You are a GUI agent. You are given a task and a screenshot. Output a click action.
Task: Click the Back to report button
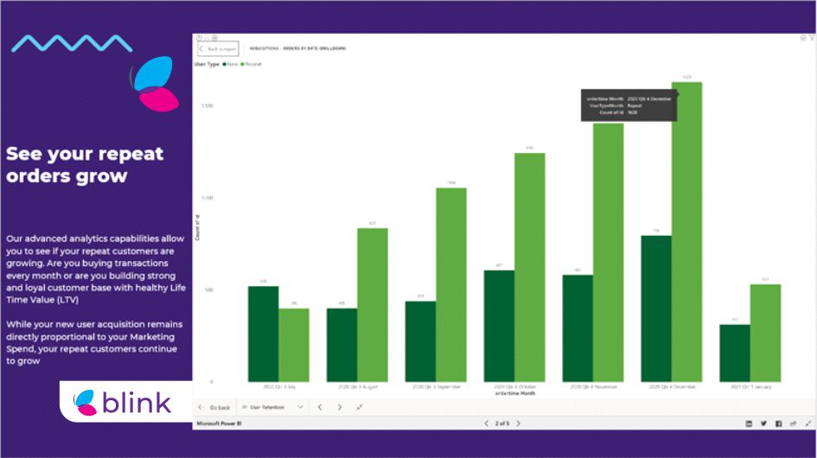coord(218,49)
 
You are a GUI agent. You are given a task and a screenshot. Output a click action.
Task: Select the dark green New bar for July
coord(263,334)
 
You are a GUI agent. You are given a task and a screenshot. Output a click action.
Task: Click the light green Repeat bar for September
coord(450,284)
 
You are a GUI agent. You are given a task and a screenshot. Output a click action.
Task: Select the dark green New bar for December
coord(656,308)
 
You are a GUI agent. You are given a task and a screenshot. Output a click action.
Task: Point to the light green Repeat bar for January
coord(765,333)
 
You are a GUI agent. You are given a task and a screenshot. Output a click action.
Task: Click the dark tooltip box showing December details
coord(628,105)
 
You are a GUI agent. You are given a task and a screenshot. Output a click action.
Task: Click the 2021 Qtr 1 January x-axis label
coord(750,387)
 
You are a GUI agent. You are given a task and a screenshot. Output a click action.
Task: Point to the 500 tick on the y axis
coord(207,289)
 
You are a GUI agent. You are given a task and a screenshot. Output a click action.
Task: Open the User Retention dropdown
coord(272,407)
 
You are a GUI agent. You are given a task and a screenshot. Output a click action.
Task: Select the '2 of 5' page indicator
coord(501,423)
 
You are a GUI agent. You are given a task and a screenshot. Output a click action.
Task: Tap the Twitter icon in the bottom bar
coord(763,423)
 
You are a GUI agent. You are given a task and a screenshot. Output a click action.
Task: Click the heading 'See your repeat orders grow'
coord(85,164)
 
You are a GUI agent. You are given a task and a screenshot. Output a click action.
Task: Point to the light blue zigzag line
coord(72,42)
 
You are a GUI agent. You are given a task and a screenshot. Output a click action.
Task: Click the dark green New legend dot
coord(224,64)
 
